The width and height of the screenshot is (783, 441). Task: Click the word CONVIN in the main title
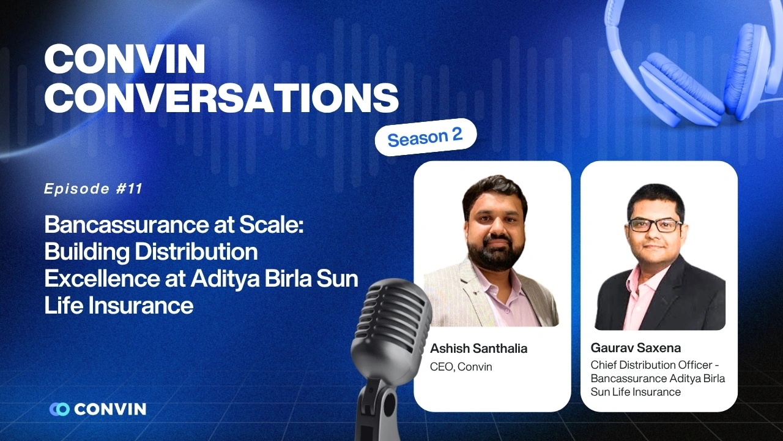(125, 60)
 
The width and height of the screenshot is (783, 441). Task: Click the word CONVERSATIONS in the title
(221, 96)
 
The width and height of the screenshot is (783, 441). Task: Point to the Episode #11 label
(93, 189)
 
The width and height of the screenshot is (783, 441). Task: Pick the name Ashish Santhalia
(478, 349)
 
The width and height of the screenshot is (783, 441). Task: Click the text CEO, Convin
(461, 367)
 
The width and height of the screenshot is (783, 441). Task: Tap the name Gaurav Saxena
(636, 348)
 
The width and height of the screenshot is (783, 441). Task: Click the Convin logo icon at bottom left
(59, 409)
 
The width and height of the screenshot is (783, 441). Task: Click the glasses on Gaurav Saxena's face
(655, 225)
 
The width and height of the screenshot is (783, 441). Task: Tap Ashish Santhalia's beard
(492, 249)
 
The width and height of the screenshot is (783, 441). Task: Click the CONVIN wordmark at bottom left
(110, 409)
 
